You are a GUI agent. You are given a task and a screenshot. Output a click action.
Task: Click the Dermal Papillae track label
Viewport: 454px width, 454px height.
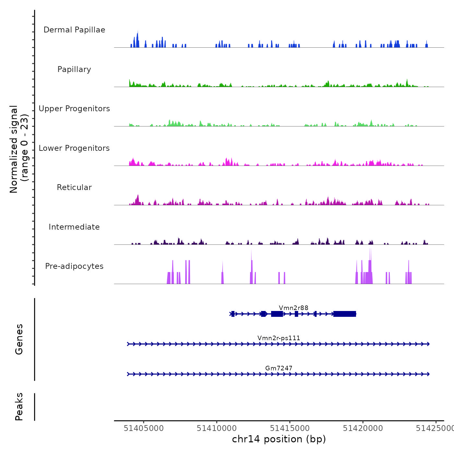[74, 30]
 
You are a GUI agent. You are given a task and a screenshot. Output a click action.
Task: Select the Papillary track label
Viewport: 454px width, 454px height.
[74, 69]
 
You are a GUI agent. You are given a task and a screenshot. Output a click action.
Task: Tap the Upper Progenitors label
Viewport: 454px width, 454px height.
[74, 109]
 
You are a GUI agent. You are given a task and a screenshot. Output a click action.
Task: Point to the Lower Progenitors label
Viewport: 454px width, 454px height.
[74, 148]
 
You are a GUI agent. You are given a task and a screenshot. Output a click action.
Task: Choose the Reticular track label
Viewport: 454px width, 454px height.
[74, 187]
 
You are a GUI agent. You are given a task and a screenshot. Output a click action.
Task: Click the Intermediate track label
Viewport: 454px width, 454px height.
[74, 227]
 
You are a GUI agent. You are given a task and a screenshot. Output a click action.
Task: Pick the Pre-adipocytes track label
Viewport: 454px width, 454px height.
[74, 266]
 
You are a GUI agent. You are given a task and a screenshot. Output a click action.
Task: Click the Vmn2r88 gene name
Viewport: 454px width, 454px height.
[293, 308]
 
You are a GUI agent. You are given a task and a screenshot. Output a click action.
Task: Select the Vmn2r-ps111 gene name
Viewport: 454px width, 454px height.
[279, 338]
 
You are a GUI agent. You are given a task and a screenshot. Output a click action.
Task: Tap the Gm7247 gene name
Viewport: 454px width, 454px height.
[279, 368]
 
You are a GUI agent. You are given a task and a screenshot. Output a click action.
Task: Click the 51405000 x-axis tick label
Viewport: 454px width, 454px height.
[144, 428]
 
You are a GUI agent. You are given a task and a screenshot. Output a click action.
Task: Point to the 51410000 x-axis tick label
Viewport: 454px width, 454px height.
[217, 428]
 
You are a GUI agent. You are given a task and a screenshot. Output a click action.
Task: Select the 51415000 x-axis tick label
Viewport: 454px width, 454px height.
[290, 428]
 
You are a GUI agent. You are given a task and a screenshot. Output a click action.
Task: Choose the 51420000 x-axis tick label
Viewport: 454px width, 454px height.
[363, 428]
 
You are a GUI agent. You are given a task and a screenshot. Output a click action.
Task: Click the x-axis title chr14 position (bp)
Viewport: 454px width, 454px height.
[279, 439]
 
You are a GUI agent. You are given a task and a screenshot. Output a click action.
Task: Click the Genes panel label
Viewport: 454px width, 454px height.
[19, 339]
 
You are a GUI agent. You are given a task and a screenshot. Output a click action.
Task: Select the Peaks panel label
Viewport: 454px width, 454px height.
[19, 407]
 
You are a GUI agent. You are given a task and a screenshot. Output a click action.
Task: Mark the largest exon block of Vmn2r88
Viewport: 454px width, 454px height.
[345, 314]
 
